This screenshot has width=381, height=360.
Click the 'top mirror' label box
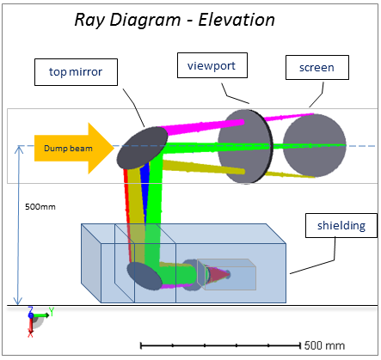tap(76, 72)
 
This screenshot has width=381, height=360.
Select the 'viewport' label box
tap(212, 65)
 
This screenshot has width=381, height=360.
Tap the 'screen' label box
tap(317, 68)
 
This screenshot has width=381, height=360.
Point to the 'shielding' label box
tap(341, 225)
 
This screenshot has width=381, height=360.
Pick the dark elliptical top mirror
tap(142, 148)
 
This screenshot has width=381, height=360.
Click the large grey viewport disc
tap(245, 146)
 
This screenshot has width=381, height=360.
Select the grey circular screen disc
tap(315, 145)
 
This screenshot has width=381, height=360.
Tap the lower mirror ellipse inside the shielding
tap(144, 277)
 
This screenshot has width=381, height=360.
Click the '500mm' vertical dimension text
tap(40, 207)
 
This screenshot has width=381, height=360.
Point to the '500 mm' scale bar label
tap(324, 345)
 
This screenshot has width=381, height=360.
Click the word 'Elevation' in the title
tap(237, 20)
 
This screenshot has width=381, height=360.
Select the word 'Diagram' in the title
tap(145, 21)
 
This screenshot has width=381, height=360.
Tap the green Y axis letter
tap(52, 311)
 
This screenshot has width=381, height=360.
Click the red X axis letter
tap(30, 333)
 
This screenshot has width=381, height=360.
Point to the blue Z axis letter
tap(30, 309)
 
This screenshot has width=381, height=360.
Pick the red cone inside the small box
tap(218, 275)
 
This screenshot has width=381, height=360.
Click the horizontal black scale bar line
tap(220, 345)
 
